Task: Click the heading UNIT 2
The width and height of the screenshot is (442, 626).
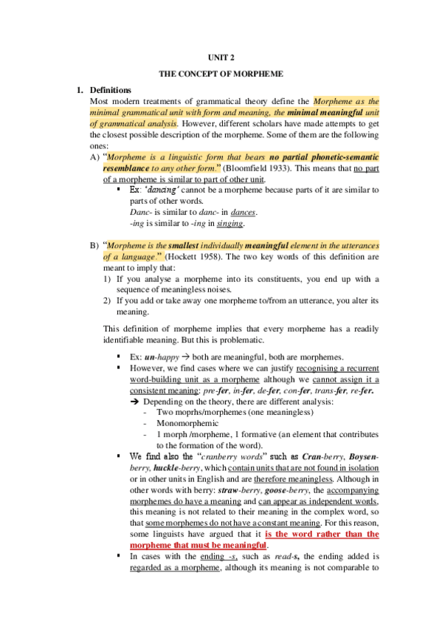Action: pyautogui.click(x=221, y=58)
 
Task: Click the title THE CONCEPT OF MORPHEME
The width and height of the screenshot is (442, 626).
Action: pyautogui.click(x=221, y=75)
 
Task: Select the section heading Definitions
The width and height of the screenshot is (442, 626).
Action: pyautogui.click(x=110, y=90)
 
